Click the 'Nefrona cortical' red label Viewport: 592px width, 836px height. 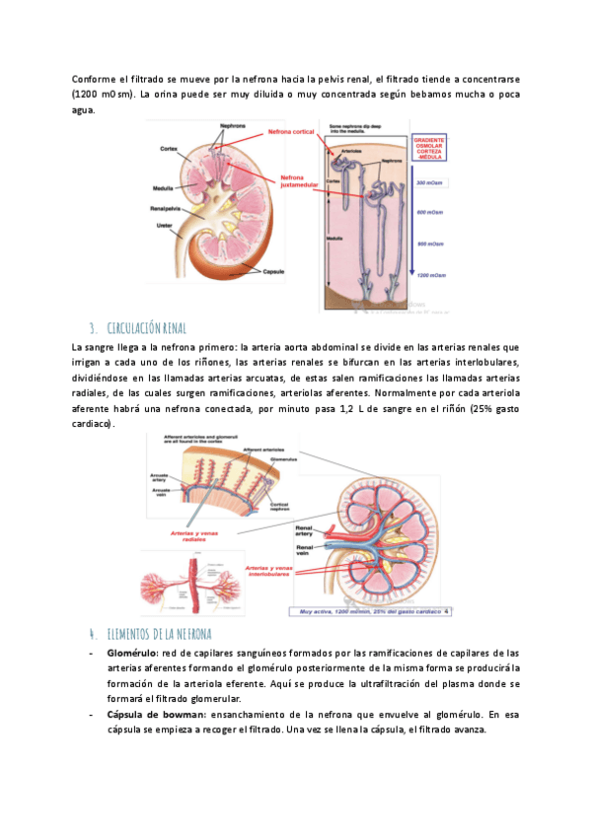tap(289, 131)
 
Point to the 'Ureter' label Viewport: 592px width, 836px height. tap(162, 225)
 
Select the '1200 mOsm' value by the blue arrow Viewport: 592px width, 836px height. tap(429, 275)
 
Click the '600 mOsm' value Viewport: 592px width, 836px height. tap(429, 212)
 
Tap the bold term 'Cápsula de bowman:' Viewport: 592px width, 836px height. tap(153, 713)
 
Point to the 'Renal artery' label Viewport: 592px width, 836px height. tap(300, 531)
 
